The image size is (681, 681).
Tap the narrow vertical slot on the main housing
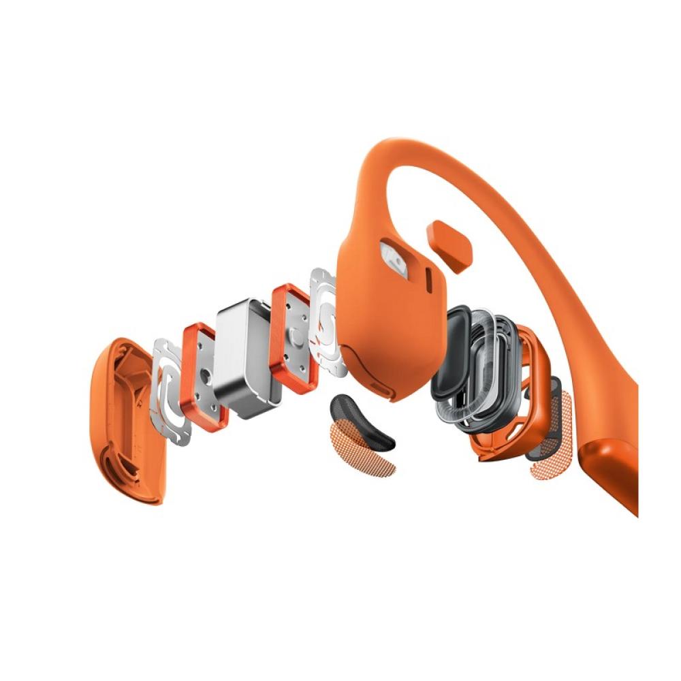pos(428,279)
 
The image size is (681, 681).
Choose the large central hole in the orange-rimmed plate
pos(204,373)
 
